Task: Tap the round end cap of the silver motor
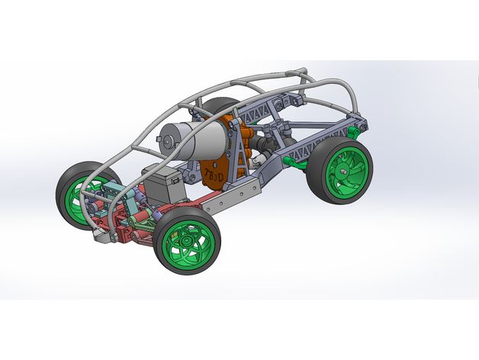pos(167,137)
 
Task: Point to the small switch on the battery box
pos(182,177)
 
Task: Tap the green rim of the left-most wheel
pos(79,199)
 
